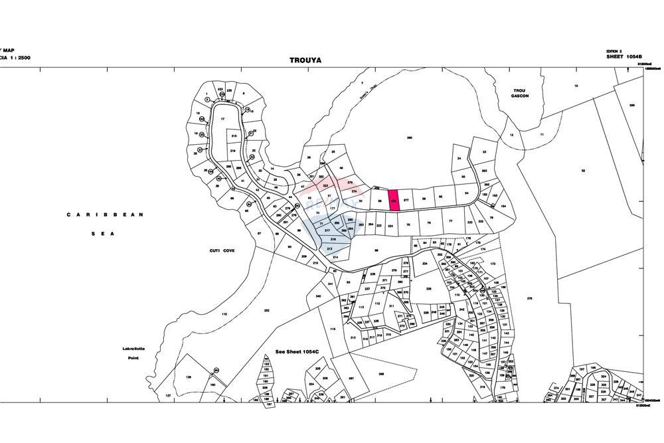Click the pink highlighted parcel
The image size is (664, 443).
pos(394,200)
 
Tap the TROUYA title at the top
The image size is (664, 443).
pos(305,60)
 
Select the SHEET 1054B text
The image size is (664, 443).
pos(625,57)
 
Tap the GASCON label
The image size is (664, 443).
pos(519,96)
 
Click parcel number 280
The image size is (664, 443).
pos(410,137)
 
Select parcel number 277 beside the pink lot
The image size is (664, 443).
pos(406,200)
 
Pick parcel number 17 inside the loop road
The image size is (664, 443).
pos(223,119)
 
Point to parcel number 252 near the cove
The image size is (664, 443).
pos(266,311)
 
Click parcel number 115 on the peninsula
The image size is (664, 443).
pos(224,314)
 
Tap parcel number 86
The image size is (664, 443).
pos(376,250)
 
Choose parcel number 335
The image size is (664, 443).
pos(429,289)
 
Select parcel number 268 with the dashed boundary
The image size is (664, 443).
pos(381,375)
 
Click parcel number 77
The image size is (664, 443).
pos(450,221)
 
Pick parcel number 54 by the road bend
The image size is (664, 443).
pos(467,193)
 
